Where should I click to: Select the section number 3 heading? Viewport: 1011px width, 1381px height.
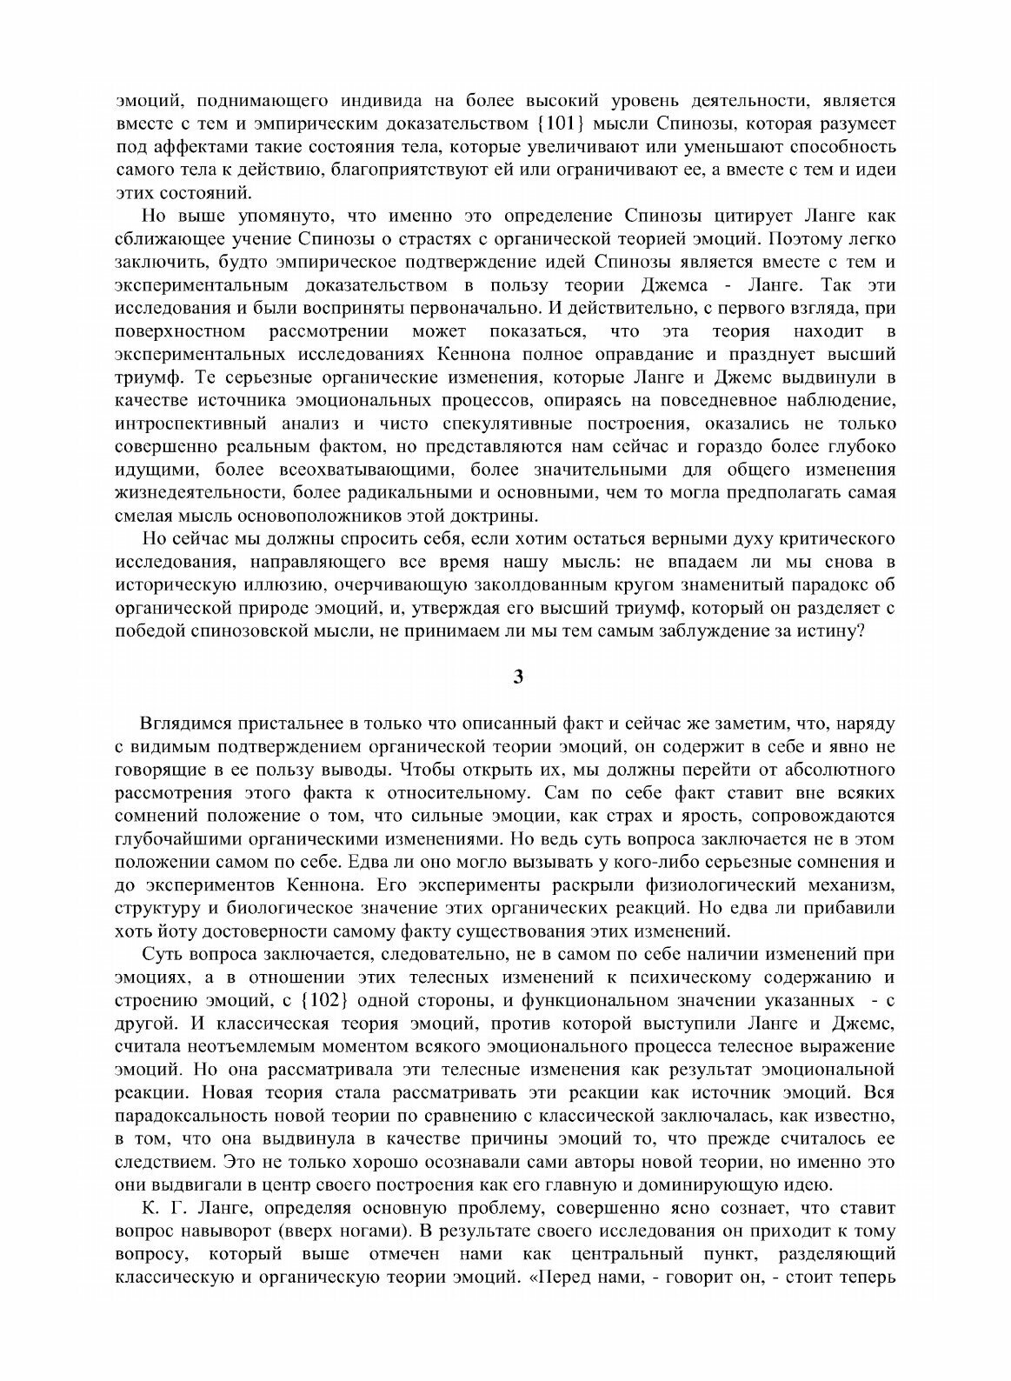(x=518, y=678)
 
